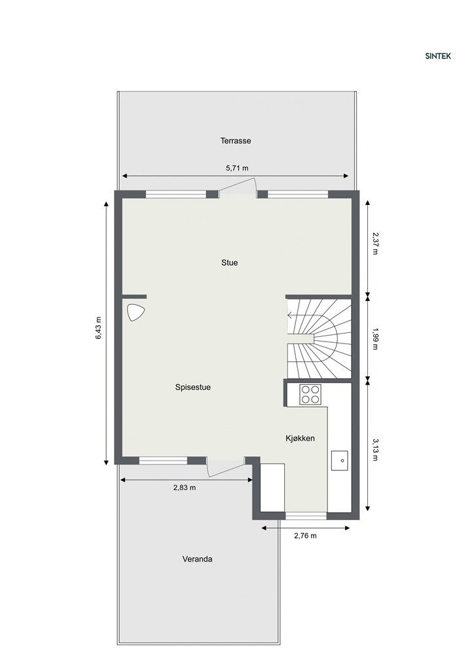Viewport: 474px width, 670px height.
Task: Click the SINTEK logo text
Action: (437, 56)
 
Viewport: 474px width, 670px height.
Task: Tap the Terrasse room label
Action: (236, 141)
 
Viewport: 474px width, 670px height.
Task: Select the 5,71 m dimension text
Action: (236, 168)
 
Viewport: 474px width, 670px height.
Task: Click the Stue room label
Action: (229, 263)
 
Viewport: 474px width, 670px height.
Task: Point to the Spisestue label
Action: (192, 387)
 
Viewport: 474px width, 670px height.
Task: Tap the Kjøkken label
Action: (301, 438)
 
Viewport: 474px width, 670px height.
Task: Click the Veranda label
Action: (197, 559)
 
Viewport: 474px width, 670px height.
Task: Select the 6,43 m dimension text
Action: (99, 328)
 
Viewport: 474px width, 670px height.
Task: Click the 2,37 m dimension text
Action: (375, 243)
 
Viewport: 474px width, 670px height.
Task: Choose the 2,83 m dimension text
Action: (184, 487)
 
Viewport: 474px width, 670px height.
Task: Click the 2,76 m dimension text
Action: (304, 536)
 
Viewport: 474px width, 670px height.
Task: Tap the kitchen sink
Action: (340, 460)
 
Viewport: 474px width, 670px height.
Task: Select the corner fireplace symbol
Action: (136, 313)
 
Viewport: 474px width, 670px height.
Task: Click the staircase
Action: (321, 338)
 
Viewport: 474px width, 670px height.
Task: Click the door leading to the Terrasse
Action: (237, 189)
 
